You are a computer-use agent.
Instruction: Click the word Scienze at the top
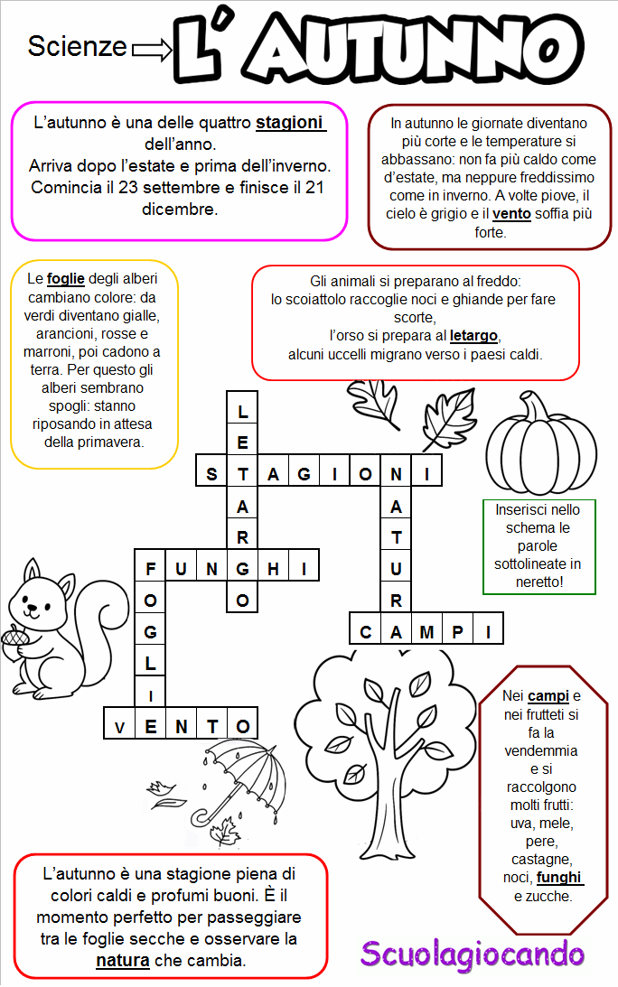(77, 46)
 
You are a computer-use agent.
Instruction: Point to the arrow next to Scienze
(151, 51)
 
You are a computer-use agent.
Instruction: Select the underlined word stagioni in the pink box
(290, 122)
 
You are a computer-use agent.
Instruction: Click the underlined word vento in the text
(510, 214)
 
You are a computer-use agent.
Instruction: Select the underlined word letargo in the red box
(473, 337)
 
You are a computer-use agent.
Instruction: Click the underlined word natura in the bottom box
(123, 960)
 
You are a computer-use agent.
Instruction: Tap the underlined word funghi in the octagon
(559, 877)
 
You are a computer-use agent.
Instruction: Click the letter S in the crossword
(212, 473)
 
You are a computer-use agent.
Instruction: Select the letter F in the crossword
(151, 568)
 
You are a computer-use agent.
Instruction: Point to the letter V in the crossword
(120, 725)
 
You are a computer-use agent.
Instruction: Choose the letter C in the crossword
(366, 631)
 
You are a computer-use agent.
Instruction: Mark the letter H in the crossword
(273, 568)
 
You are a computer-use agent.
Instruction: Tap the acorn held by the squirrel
(14, 643)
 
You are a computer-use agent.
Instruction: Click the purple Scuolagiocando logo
(473, 953)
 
